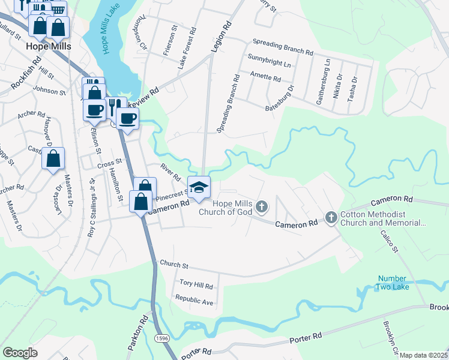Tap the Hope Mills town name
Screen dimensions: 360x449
pos(49,46)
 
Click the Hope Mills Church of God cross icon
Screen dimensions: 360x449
pos(261,207)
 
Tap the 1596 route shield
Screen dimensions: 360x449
pos(161,339)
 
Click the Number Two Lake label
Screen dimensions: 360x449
pos(392,282)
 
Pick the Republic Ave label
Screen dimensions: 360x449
pos(194,300)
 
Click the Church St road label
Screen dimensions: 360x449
pos(174,265)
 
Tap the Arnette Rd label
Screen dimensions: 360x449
pos(265,78)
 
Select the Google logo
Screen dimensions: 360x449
pos(20,352)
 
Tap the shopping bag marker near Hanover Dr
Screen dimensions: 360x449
pos(53,159)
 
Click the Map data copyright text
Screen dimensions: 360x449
pos(424,355)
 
